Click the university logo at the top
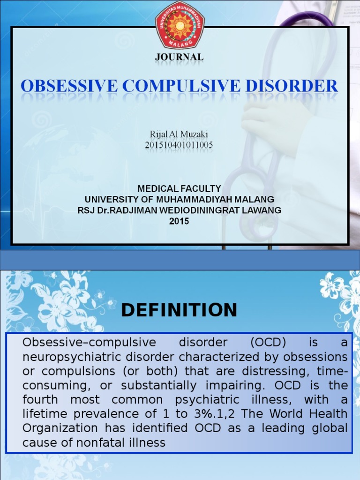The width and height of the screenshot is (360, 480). coord(180,25)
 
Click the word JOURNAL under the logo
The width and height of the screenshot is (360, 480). coord(180,57)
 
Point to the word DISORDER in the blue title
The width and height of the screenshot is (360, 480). coord(293,86)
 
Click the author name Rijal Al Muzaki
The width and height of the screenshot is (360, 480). coord(179,135)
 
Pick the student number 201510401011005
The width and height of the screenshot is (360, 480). coord(179,145)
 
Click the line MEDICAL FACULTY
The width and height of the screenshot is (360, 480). coord(179,189)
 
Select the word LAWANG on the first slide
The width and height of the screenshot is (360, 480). coord(264,210)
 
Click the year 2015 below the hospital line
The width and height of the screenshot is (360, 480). coord(179,221)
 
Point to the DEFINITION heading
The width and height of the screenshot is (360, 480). coord(179,310)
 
